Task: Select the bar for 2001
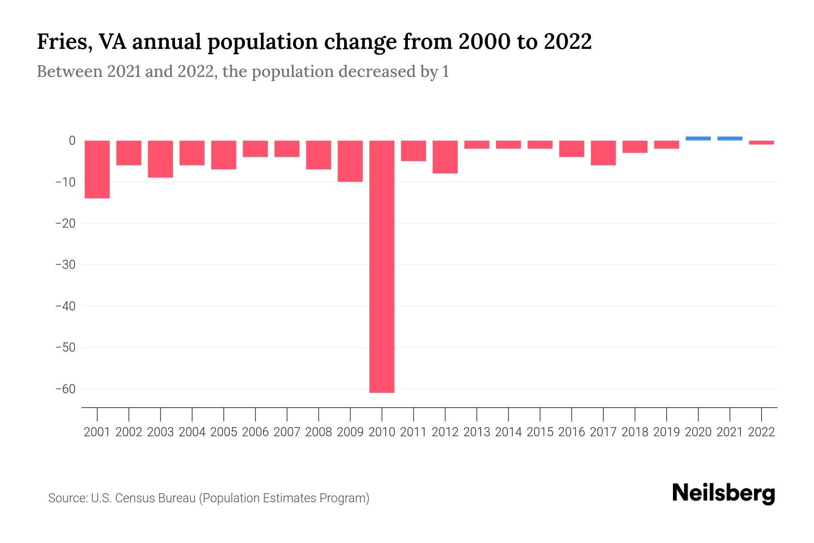[97, 169]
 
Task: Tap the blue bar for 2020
[698, 138]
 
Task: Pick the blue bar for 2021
[729, 138]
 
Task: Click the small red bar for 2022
[761, 143]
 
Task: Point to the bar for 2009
[350, 161]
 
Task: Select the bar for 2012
[445, 157]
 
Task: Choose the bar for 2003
[161, 159]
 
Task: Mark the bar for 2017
[603, 153]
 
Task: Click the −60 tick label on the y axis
[65, 389]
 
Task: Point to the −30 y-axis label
[65, 265]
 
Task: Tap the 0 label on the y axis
[72, 141]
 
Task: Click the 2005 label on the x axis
[224, 432]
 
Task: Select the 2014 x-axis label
[508, 432]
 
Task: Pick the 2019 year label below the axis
[667, 432]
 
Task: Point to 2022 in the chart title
[568, 42]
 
